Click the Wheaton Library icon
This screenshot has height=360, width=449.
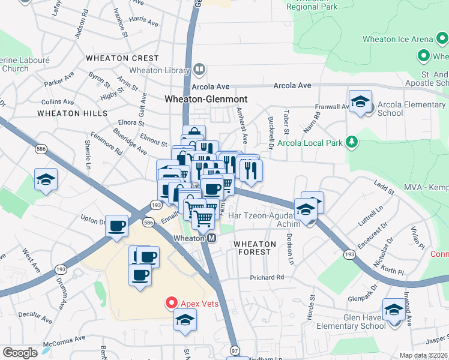[199, 70]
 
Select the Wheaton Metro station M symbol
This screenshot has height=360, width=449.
[211, 239]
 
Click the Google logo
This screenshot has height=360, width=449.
[20, 352]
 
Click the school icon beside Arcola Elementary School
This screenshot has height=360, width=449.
[360, 101]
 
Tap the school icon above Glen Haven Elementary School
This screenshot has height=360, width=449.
[394, 310]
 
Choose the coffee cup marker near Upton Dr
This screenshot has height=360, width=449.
[117, 226]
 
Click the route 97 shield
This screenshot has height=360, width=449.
[234, 350]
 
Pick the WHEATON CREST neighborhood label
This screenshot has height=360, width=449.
[122, 58]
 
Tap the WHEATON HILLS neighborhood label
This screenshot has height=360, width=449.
[72, 113]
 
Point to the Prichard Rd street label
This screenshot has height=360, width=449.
[267, 278]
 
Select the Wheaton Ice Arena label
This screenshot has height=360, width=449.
[397, 40]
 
